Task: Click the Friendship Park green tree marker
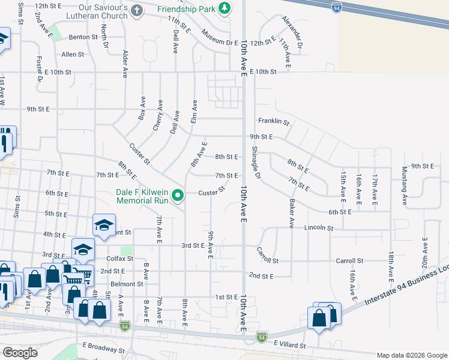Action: pos(224,8)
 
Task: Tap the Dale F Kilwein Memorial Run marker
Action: pos(178,196)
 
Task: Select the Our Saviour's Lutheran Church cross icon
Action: pos(137,10)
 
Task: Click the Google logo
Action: pos(20,353)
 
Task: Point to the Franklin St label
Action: pos(274,122)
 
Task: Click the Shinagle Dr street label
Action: pos(256,162)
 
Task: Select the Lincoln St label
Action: pos(318,228)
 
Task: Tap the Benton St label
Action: pos(83,37)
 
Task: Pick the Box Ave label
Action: pos(142,109)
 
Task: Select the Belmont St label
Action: pos(130,284)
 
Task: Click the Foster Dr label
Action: pos(40,69)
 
